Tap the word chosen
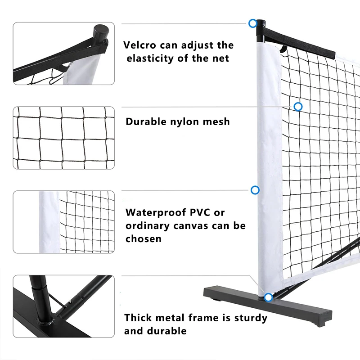point(143,238)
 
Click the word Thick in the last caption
point(138,318)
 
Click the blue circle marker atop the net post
point(253,23)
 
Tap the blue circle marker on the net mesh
point(298,107)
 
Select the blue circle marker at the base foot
point(268,297)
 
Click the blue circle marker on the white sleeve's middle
point(255,190)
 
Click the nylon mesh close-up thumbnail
point(63,138)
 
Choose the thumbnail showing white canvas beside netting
point(63,222)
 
